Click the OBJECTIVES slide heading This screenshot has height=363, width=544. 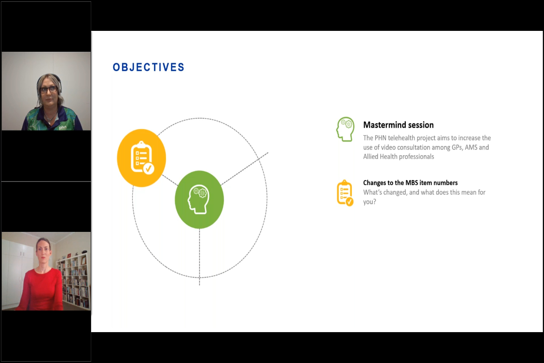click(x=148, y=68)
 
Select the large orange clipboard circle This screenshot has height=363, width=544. click(x=141, y=157)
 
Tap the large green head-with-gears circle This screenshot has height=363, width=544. click(x=199, y=199)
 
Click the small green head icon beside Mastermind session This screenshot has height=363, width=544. click(x=345, y=129)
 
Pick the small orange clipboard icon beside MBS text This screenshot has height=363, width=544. click(x=345, y=193)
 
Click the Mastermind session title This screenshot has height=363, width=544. click(x=398, y=125)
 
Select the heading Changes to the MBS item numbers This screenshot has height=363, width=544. click(x=410, y=183)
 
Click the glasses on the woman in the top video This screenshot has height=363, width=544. click(x=48, y=89)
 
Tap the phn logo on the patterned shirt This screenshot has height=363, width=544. click(x=63, y=128)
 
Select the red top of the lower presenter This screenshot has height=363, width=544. click(x=41, y=290)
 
